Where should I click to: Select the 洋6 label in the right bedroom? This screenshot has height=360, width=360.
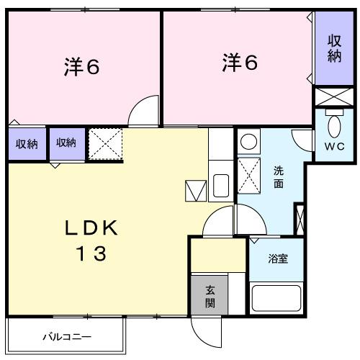point(239,63)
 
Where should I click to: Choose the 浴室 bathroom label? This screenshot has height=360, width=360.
point(278,258)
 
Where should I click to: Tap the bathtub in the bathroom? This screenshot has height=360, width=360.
point(278,297)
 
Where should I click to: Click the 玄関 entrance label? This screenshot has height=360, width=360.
point(210,296)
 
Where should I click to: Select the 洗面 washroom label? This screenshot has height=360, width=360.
point(278,177)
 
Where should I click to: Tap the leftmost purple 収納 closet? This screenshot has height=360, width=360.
point(26,143)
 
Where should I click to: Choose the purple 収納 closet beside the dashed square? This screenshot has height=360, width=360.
point(66,143)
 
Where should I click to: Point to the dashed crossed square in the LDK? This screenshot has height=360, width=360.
point(105,143)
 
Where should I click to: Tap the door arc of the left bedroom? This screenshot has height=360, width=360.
point(144,112)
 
